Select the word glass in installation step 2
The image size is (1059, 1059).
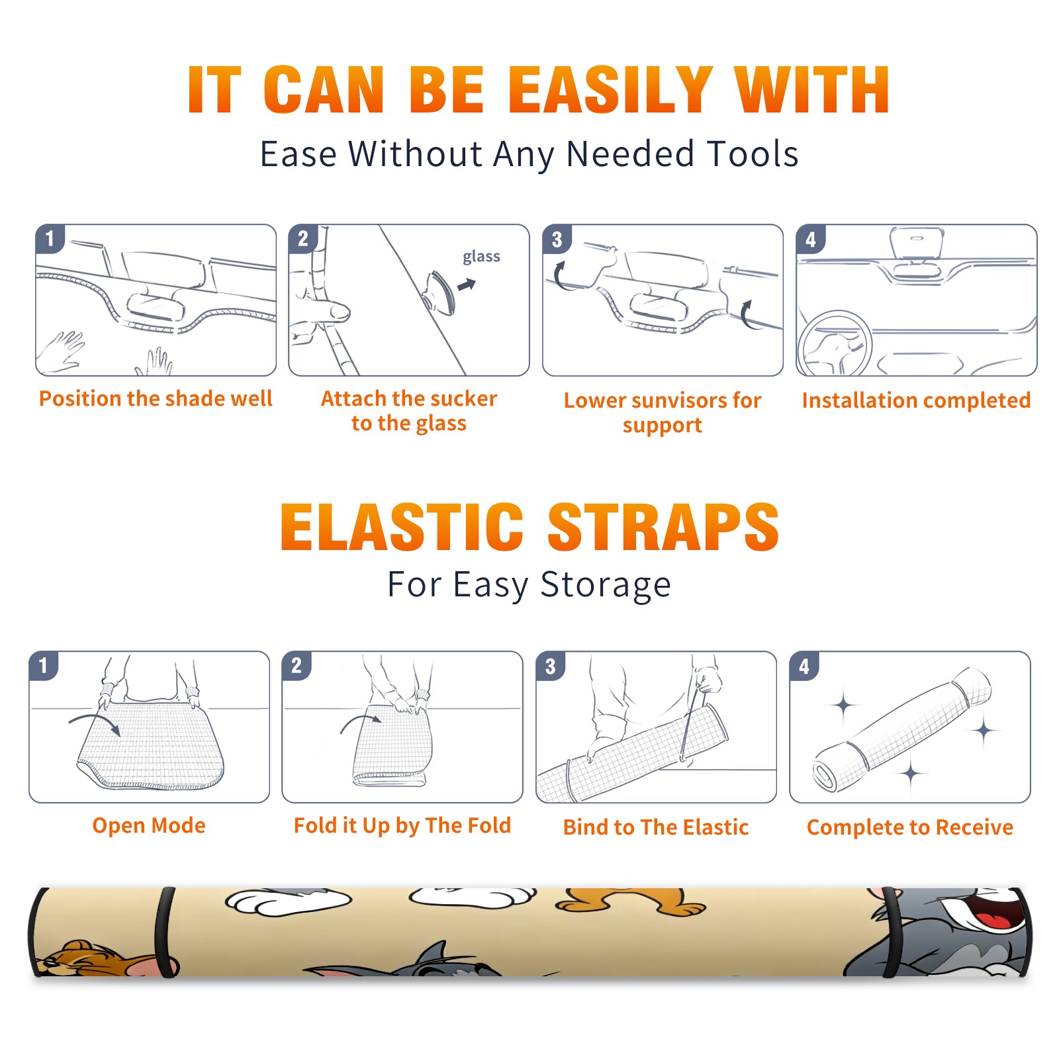(x=481, y=257)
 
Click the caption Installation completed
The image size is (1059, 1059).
(x=916, y=400)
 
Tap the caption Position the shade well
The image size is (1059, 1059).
(x=156, y=398)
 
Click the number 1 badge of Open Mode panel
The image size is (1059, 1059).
(x=44, y=665)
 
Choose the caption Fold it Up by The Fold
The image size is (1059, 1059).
(x=402, y=825)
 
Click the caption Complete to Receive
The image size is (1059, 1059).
(x=910, y=827)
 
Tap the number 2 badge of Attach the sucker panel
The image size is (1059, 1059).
(x=303, y=239)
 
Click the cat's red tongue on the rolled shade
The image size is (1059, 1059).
(x=991, y=921)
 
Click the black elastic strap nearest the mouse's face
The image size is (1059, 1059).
(x=165, y=932)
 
